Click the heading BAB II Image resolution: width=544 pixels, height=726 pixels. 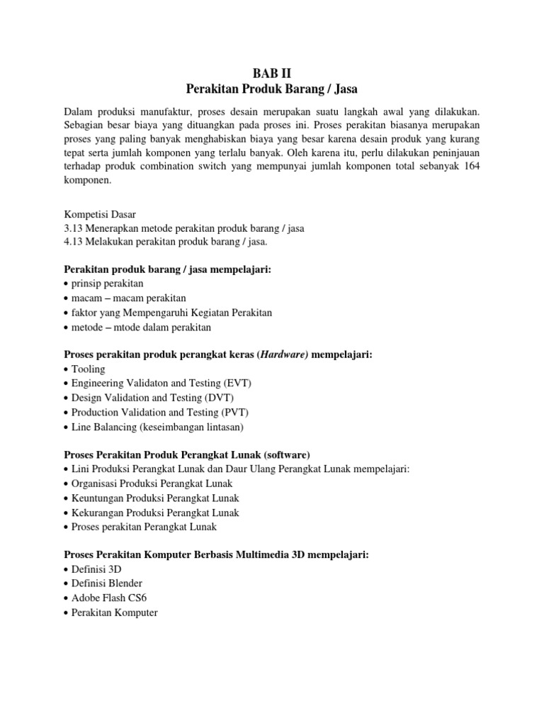[x=272, y=73]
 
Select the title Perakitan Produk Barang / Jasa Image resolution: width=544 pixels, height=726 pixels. [x=272, y=89]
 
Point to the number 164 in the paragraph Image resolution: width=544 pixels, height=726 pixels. [x=467, y=167]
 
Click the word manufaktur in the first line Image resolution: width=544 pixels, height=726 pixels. [x=163, y=112]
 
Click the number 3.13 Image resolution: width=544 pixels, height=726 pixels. [x=74, y=228]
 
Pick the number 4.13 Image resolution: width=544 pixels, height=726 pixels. [x=74, y=242]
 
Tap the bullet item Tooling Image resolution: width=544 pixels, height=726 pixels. [x=88, y=369]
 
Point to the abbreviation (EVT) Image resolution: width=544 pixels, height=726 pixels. [x=235, y=383]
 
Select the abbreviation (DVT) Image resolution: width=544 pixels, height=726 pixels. [x=217, y=397]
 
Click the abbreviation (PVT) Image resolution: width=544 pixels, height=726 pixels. [x=232, y=411]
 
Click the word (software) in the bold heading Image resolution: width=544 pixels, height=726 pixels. [x=285, y=454]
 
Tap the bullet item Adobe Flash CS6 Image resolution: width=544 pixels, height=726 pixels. [x=109, y=598]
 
